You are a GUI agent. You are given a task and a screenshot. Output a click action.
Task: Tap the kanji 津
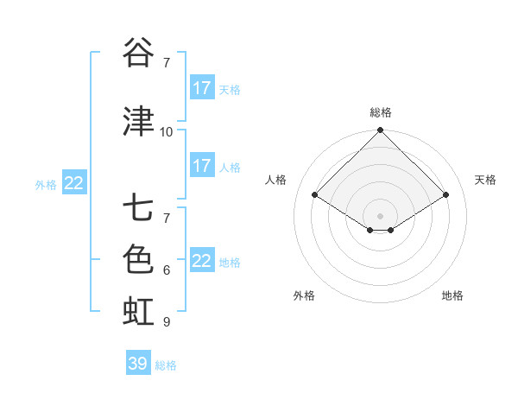[138, 122]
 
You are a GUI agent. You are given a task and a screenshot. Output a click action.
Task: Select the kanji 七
[138, 209]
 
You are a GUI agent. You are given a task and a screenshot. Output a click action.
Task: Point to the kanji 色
[138, 260]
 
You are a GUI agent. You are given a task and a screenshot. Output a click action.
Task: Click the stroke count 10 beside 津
[167, 132]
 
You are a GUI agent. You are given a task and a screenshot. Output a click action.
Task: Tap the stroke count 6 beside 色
[167, 270]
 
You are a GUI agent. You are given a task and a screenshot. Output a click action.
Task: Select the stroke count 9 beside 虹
[167, 322]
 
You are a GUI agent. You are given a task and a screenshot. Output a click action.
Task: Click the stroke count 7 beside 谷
[167, 63]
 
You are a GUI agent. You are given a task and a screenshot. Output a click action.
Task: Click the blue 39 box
[137, 364]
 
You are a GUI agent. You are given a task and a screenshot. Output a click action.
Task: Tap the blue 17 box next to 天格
[202, 88]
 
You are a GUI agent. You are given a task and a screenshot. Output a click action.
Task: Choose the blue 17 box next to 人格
[202, 166]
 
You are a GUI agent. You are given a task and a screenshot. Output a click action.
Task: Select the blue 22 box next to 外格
[74, 183]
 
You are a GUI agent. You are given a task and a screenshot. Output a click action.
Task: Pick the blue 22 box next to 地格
[202, 261]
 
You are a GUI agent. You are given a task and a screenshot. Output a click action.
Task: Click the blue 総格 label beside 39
[166, 365]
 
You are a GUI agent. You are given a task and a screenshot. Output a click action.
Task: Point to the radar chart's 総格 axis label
[380, 112]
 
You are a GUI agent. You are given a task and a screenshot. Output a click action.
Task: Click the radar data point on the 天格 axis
[445, 195]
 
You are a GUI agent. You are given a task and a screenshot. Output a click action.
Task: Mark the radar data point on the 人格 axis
[315, 195]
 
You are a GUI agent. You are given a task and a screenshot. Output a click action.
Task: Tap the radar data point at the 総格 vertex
[380, 130]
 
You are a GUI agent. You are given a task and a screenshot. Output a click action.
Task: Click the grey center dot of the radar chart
[380, 214]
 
